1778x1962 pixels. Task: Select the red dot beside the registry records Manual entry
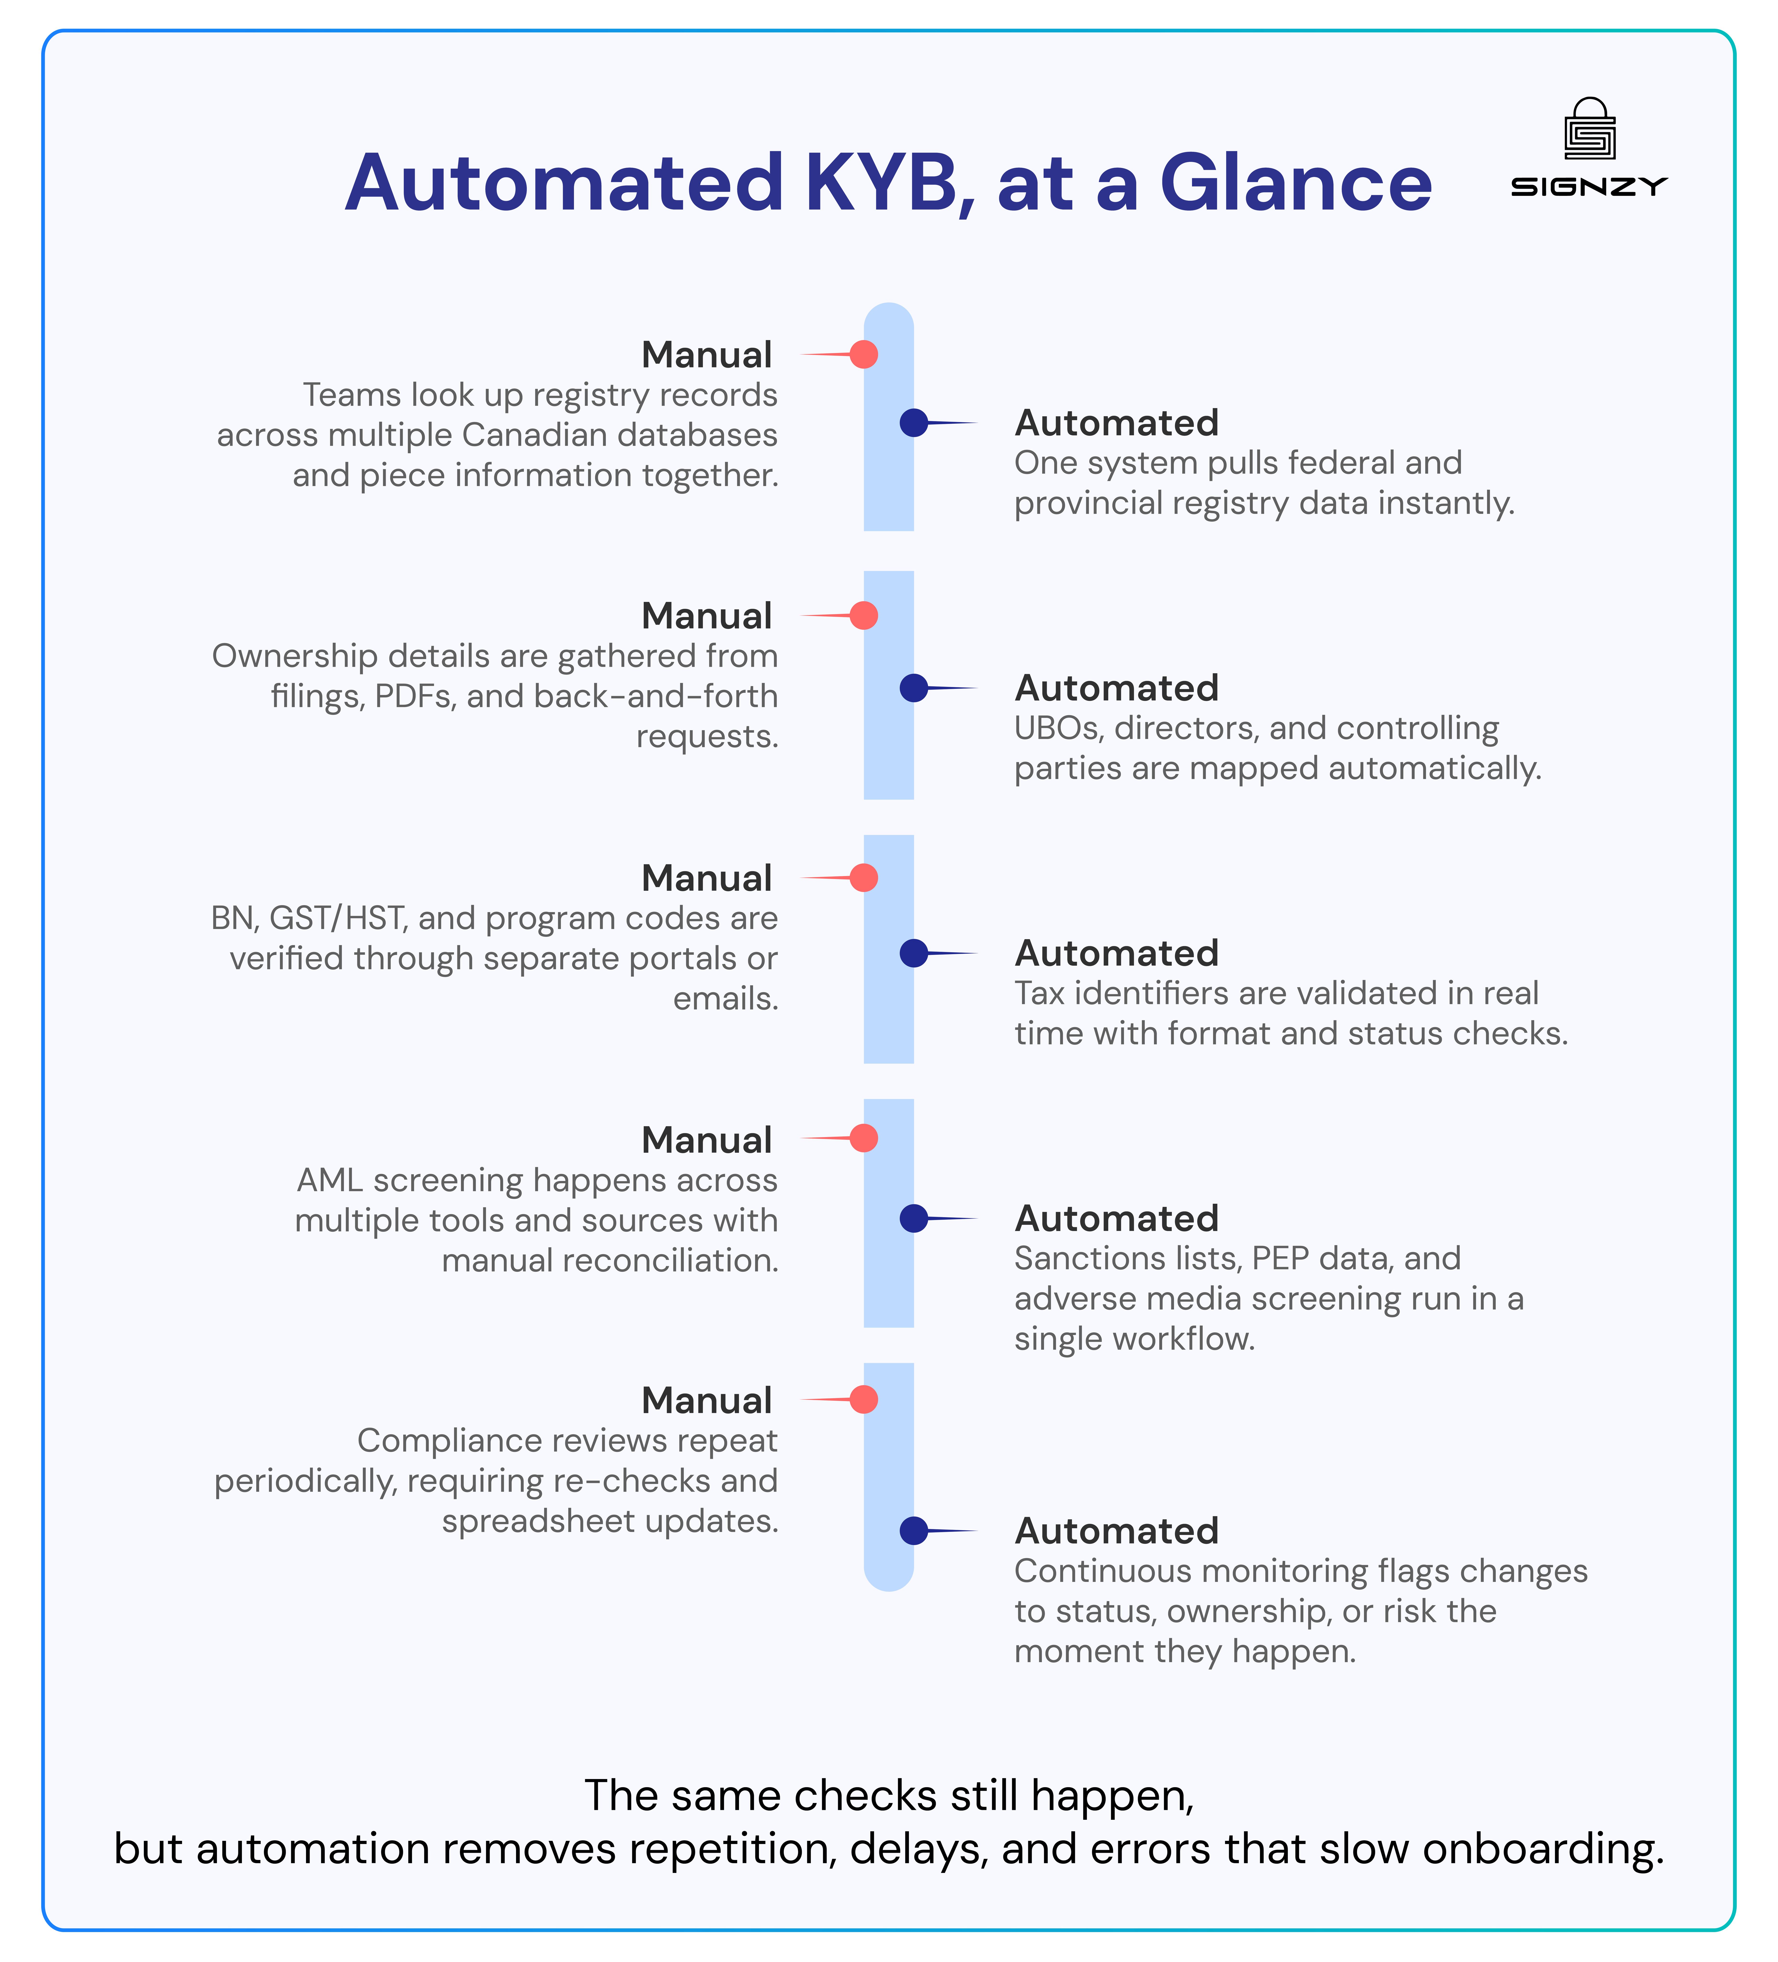[863, 354]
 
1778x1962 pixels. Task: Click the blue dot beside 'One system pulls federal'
[914, 422]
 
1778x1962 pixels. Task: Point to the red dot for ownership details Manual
[863, 615]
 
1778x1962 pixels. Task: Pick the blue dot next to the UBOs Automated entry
[914, 688]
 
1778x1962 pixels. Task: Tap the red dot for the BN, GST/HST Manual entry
[863, 878]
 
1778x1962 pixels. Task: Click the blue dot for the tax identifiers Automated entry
[914, 953]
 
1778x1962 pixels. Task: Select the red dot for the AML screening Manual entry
[863, 1138]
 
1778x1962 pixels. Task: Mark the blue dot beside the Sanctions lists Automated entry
[914, 1218]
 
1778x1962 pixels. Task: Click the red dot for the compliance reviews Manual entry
[863, 1399]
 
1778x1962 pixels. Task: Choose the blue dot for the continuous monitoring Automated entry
[914, 1531]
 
